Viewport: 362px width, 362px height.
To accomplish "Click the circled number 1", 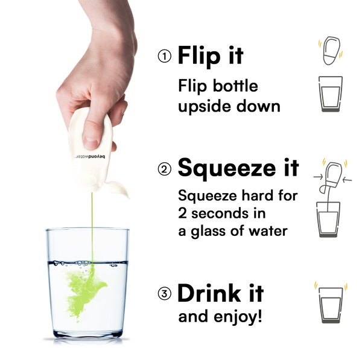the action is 165,56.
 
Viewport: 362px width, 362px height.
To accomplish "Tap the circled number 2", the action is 165,169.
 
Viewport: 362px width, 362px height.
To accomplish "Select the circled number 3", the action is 165,294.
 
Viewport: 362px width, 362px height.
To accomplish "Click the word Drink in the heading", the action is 209,293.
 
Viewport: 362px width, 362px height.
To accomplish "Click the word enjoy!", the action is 238,317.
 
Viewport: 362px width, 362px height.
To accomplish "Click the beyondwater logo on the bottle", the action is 90,157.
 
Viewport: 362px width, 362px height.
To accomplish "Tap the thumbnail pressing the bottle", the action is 91,142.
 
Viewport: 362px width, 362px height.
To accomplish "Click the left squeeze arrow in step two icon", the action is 318,177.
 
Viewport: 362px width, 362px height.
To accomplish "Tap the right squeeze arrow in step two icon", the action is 348,180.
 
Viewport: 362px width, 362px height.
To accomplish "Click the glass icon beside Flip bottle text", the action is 331,94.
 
